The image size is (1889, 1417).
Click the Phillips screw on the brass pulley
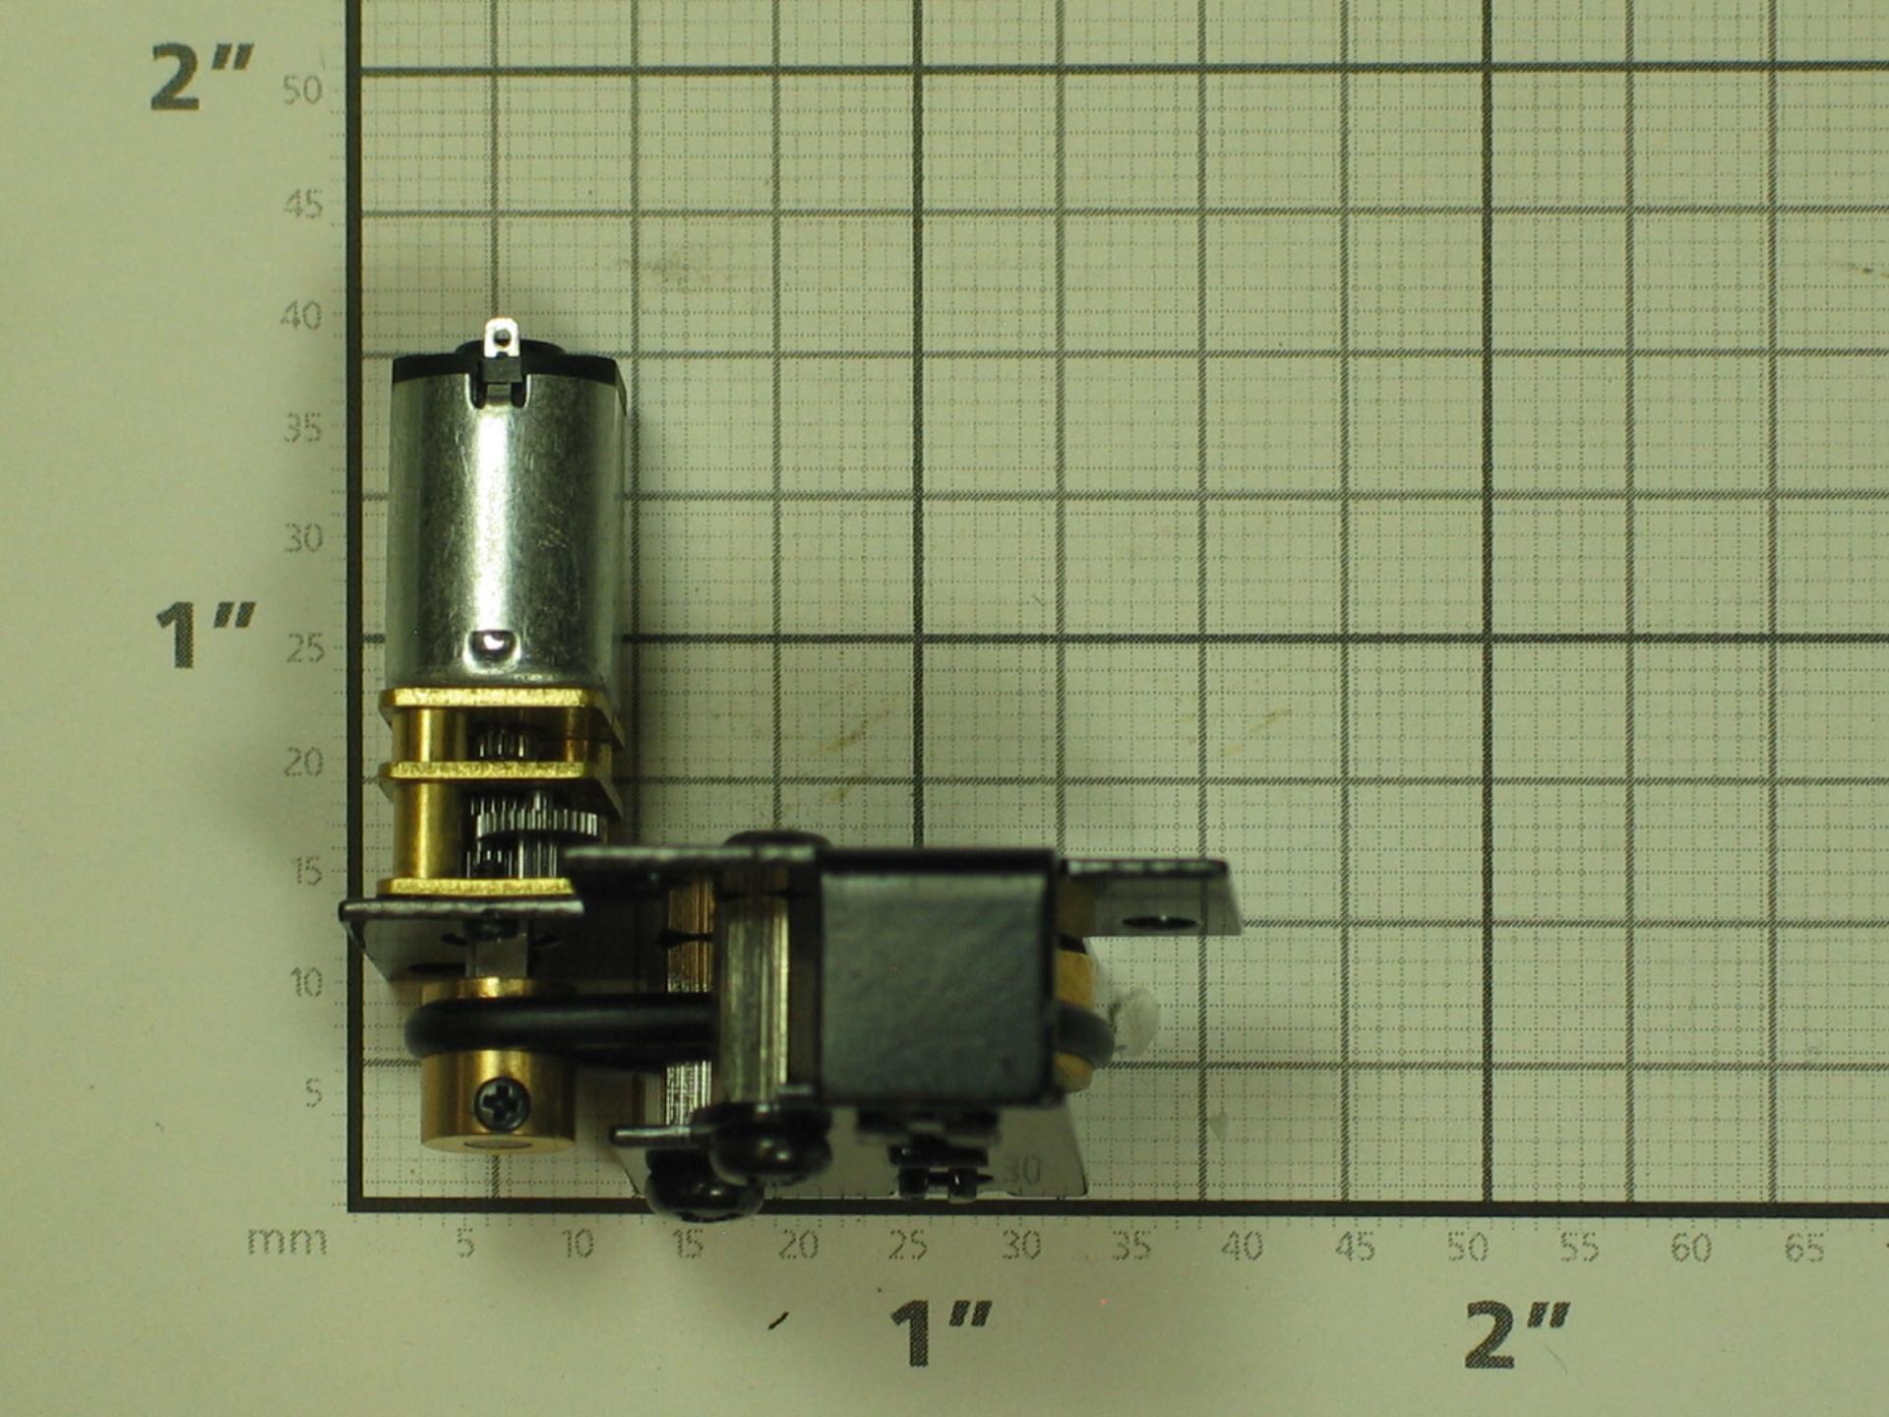click(x=503, y=1104)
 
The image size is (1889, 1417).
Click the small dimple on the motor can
click(x=491, y=646)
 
